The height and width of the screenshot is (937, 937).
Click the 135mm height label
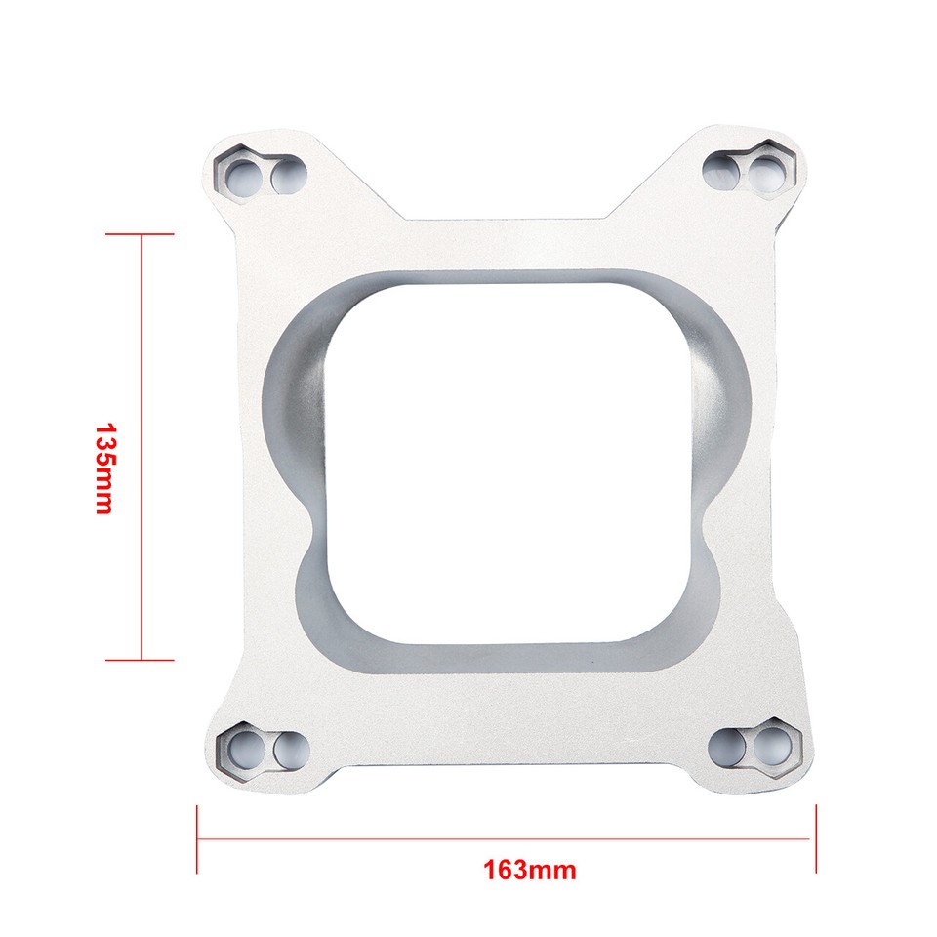(x=103, y=468)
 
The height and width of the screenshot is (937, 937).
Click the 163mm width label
(x=529, y=868)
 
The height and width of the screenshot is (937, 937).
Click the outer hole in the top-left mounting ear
(x=240, y=176)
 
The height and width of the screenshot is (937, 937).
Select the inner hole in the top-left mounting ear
(x=287, y=176)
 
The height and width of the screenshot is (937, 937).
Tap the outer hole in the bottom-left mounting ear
(x=243, y=749)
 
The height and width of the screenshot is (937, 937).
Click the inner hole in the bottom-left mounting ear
(x=289, y=750)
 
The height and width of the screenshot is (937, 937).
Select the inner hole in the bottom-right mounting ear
(x=725, y=748)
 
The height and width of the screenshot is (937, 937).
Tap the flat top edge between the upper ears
(x=508, y=222)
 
